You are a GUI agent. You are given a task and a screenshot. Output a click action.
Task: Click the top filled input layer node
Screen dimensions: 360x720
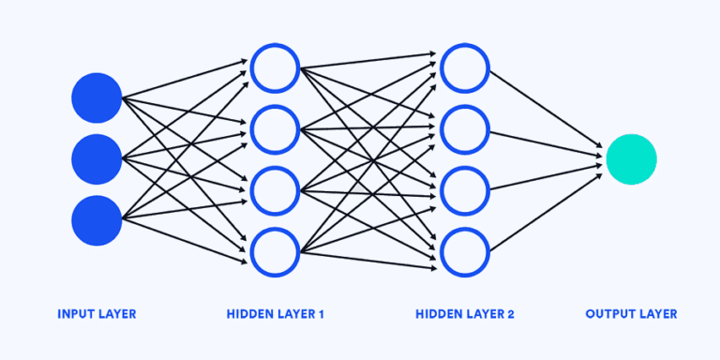tap(97, 97)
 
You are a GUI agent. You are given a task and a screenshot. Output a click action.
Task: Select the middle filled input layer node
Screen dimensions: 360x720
tap(97, 159)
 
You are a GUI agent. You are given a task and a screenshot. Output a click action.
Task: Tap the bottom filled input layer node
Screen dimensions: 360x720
tap(97, 220)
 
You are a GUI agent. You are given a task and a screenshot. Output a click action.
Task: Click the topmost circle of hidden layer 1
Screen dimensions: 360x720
tap(275, 67)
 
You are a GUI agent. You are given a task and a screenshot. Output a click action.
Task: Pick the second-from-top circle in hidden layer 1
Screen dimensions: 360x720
tap(275, 129)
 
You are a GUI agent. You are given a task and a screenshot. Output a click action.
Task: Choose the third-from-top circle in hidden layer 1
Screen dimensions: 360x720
tap(275, 190)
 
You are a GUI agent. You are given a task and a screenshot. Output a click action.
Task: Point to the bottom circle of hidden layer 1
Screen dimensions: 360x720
tap(275, 251)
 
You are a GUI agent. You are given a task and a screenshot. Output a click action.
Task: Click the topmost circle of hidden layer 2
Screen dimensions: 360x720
tap(465, 67)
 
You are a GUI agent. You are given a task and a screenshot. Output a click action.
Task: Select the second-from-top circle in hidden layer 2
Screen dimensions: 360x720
tap(465, 129)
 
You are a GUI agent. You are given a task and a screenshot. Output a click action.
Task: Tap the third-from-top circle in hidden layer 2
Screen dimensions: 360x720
tap(465, 190)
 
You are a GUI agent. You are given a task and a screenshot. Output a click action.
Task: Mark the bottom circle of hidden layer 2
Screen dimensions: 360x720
tap(465, 251)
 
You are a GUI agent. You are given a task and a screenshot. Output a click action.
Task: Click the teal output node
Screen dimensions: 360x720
tap(631, 159)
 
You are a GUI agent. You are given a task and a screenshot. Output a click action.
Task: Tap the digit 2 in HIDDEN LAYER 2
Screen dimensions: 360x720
tap(510, 314)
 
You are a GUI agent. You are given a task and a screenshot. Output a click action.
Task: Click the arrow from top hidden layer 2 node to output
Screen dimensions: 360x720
tap(544, 109)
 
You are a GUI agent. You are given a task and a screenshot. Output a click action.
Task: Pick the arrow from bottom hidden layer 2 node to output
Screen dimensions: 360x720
tap(544, 212)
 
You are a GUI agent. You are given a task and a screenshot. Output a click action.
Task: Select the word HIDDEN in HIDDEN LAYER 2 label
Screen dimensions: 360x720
tap(438, 314)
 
